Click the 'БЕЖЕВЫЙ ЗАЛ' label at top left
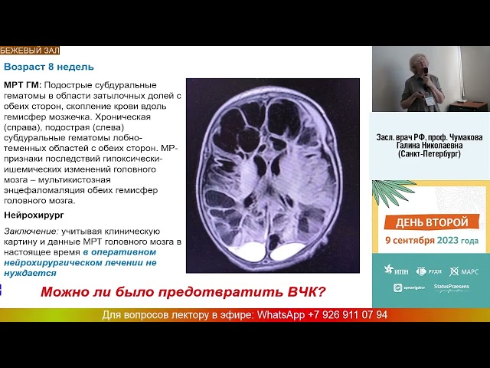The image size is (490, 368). coord(29,51)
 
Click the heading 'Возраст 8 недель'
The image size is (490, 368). coord(47,67)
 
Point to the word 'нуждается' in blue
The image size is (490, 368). coord(30,273)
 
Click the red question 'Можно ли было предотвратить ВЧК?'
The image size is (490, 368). coord(183,292)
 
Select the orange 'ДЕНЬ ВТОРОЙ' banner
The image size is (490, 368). coord(430,222)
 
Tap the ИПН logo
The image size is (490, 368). coord(397,270)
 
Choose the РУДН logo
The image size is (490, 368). coord(428,270)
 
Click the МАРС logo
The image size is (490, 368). coord(463,270)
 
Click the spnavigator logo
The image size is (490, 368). coord(408,287)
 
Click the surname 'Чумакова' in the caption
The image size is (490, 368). coord(460,137)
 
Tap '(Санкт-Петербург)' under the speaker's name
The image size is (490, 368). coord(430,154)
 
